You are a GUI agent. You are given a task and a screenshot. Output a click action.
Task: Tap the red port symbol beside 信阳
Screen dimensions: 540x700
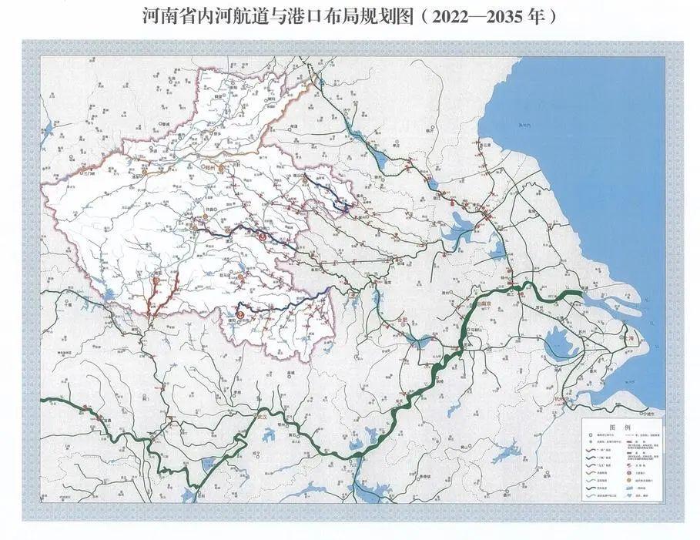click(x=242, y=314)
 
